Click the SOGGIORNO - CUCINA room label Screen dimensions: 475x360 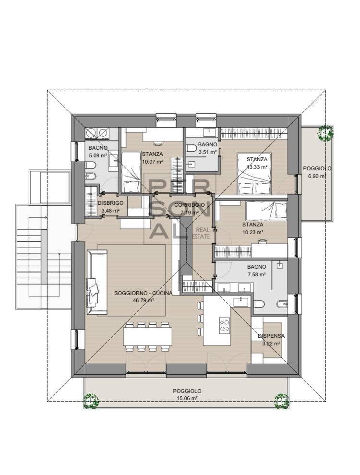pyautogui.click(x=140, y=293)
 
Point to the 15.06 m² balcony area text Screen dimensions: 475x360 pyautogui.click(x=187, y=398)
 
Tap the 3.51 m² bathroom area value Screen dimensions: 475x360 pyautogui.click(x=208, y=151)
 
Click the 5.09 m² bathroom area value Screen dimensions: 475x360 pyautogui.click(x=97, y=155)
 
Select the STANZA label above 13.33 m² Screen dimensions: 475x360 pyautogui.click(x=257, y=159)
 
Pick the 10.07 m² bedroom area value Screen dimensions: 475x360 pyautogui.click(x=152, y=161)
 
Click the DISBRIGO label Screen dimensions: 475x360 pyautogui.click(x=111, y=203)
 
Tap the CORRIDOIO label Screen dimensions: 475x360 pyautogui.click(x=192, y=204)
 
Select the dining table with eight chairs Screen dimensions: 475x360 pyautogui.click(x=148, y=335)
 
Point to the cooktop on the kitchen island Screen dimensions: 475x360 pyautogui.click(x=224, y=325)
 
